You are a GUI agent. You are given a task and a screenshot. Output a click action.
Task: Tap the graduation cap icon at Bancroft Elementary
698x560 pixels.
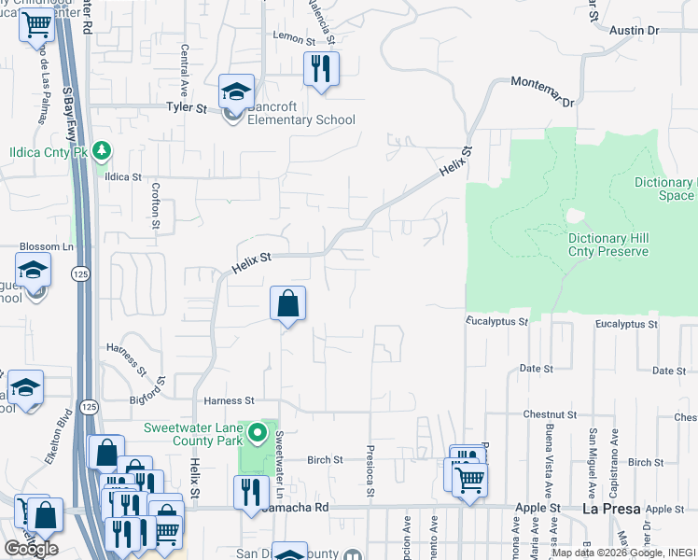236,93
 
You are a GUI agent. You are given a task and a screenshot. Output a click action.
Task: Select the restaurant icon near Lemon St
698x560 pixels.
321,69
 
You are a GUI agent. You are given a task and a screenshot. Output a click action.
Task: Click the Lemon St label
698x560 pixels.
290,35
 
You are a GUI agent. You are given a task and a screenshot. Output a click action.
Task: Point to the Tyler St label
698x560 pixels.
186,108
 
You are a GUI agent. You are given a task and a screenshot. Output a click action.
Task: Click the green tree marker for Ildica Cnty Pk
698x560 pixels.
103,149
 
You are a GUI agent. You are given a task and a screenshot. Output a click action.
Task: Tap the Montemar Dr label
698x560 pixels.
542,91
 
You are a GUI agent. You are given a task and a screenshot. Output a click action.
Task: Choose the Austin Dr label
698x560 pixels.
634,31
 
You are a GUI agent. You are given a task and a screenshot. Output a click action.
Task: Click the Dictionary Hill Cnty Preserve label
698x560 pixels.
607,245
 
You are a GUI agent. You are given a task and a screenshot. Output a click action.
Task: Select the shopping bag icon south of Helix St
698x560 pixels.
287,303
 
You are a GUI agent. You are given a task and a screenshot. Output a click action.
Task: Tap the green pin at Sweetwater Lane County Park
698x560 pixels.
262,434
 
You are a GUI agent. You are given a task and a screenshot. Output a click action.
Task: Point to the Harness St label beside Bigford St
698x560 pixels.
223,400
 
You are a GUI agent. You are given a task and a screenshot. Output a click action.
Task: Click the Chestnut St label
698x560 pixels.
541,413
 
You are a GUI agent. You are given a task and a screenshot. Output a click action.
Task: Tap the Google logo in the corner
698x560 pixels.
31,548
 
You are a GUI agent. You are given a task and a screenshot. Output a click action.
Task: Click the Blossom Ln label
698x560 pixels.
47,246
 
